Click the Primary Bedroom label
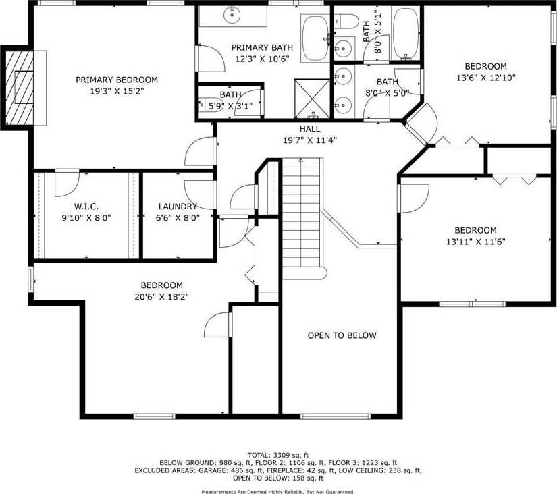click(x=117, y=80)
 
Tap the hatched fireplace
click(x=20, y=88)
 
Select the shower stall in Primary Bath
click(x=312, y=99)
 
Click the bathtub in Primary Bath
click(x=315, y=38)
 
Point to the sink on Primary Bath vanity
click(x=232, y=15)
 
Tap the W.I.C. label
click(x=86, y=207)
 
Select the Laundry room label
click(x=178, y=207)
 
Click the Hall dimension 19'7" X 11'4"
click(x=310, y=140)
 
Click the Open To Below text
click(x=342, y=335)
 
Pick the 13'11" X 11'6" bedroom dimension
click(x=476, y=242)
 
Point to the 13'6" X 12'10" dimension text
click(x=485, y=78)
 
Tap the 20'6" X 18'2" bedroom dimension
click(x=161, y=296)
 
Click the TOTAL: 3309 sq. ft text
click(x=278, y=455)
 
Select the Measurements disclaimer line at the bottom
click(x=278, y=491)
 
